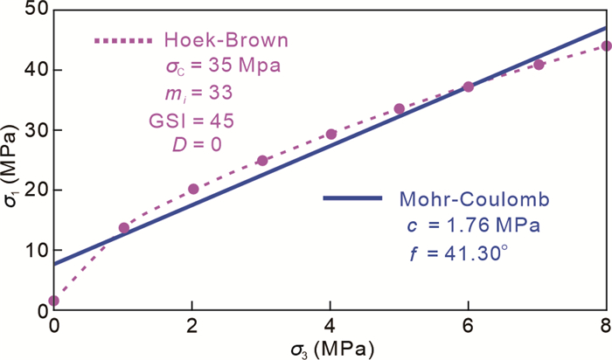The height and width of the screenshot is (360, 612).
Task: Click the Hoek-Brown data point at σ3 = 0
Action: tap(54, 301)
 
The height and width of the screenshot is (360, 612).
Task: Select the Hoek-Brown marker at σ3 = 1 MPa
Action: tap(124, 228)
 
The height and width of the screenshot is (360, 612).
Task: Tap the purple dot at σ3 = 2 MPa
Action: tap(193, 189)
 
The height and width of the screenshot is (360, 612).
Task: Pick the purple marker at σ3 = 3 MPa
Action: tap(262, 161)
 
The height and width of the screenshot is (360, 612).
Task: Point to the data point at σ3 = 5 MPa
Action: tap(400, 109)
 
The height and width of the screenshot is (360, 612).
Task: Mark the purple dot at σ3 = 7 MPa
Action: tap(539, 65)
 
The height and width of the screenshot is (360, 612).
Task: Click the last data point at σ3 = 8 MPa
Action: tap(607, 46)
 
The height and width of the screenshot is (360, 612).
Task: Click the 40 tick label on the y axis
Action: tap(35, 70)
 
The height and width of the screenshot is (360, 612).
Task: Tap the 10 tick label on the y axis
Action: tap(35, 251)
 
